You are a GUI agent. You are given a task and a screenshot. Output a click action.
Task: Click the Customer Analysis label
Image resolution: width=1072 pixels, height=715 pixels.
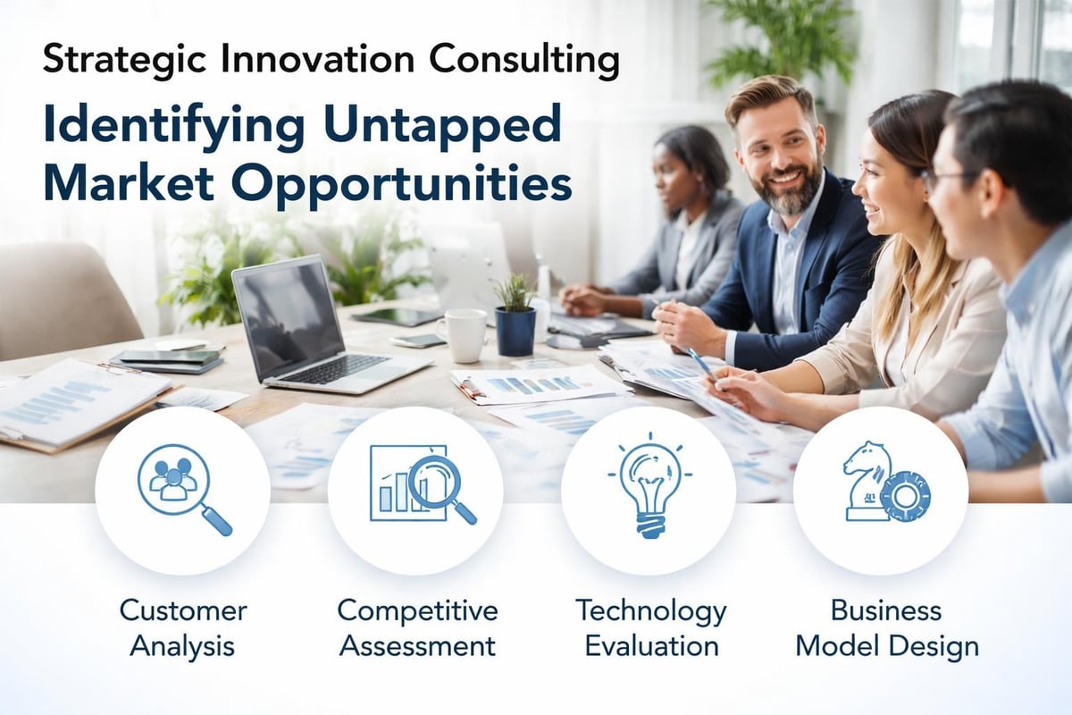[x=183, y=627]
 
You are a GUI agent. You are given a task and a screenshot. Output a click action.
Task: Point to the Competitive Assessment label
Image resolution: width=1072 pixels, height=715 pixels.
[x=416, y=627]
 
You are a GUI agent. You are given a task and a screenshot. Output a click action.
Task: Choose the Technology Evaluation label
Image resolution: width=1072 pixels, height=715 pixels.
[x=650, y=627]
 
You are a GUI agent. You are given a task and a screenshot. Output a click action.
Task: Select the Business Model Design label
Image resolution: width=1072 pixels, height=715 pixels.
[x=886, y=627]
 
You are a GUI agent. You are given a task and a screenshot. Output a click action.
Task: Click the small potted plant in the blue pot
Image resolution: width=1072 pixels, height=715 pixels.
[x=515, y=318]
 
